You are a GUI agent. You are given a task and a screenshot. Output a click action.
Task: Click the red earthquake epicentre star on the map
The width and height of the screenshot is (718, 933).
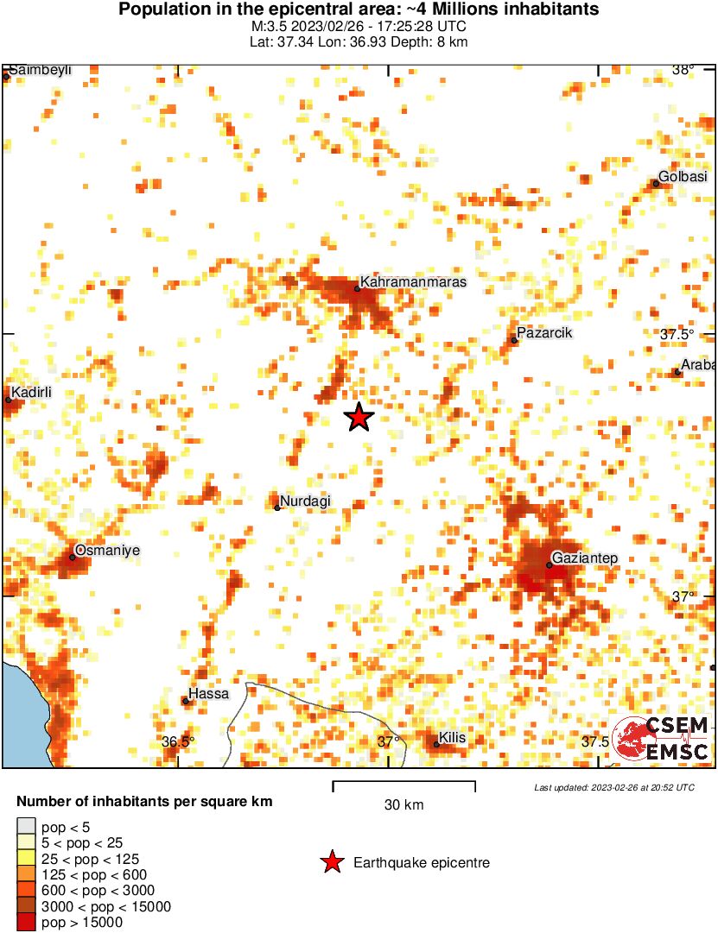(359, 418)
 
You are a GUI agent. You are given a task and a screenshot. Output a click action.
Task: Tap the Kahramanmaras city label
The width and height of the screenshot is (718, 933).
(413, 282)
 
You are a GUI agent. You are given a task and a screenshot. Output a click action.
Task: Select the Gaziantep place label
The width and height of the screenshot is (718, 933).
(585, 558)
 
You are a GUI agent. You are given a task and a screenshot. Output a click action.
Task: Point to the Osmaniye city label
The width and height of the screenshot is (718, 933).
(107, 550)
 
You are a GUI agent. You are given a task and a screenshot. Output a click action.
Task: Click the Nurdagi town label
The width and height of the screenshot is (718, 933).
(306, 501)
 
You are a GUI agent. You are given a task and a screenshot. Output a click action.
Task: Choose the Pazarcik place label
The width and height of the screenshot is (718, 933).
(544, 333)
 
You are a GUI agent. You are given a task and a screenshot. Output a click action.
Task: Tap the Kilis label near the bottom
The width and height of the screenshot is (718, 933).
(453, 738)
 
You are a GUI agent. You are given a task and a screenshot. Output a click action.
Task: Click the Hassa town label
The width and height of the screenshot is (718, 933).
(209, 694)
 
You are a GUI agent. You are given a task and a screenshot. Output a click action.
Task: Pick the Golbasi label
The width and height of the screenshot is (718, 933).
(683, 177)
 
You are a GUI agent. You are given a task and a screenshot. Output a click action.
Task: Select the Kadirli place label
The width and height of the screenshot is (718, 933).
(31, 393)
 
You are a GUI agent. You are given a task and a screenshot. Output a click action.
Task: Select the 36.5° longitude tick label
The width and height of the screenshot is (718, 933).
(179, 741)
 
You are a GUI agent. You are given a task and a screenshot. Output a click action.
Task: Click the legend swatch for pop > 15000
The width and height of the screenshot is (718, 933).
(27, 923)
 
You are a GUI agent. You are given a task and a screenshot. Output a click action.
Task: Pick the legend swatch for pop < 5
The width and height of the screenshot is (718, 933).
(27, 827)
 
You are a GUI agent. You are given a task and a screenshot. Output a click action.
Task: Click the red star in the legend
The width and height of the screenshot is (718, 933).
(331, 862)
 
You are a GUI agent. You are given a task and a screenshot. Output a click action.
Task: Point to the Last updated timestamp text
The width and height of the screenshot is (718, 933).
(613, 787)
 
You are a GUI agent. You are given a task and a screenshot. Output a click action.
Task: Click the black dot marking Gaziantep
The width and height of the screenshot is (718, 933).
(549, 565)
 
